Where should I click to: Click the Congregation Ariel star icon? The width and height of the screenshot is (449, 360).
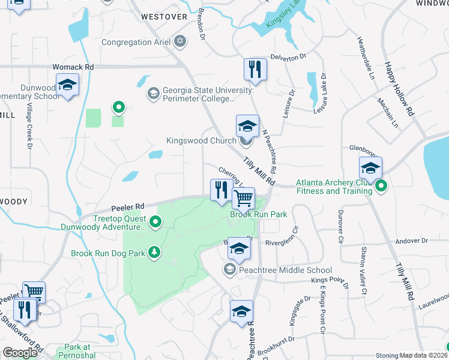click(179, 42)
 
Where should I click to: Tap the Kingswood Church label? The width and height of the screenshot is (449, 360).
click(201, 142)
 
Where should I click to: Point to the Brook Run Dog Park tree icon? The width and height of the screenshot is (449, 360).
click(155, 253)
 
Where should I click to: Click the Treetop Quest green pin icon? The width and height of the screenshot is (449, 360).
click(155, 223)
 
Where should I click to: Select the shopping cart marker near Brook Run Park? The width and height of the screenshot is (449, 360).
click(244, 197)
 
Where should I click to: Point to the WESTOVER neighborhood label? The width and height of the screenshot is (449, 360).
click(164, 17)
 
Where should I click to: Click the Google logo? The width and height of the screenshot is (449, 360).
click(20, 353)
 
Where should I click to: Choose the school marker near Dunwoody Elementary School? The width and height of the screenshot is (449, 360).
click(67, 86)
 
